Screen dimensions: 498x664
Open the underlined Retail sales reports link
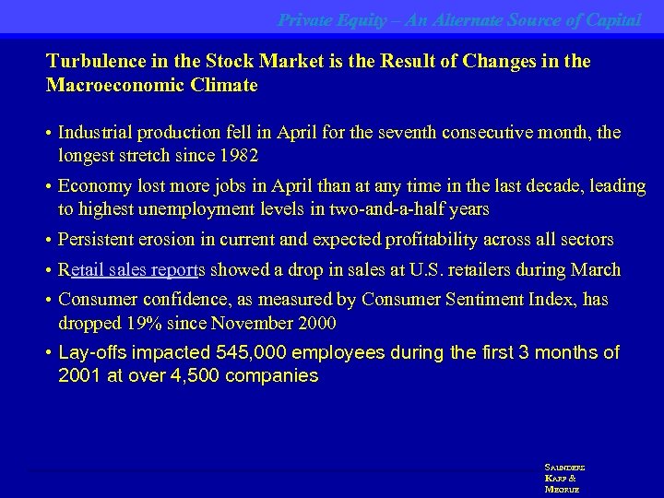coord(134,270)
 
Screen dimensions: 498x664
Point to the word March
coord(596,270)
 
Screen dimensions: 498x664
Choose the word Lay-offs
coord(92,353)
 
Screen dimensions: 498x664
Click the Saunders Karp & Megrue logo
coord(563,479)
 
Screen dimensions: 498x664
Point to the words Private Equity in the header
coord(328,19)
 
